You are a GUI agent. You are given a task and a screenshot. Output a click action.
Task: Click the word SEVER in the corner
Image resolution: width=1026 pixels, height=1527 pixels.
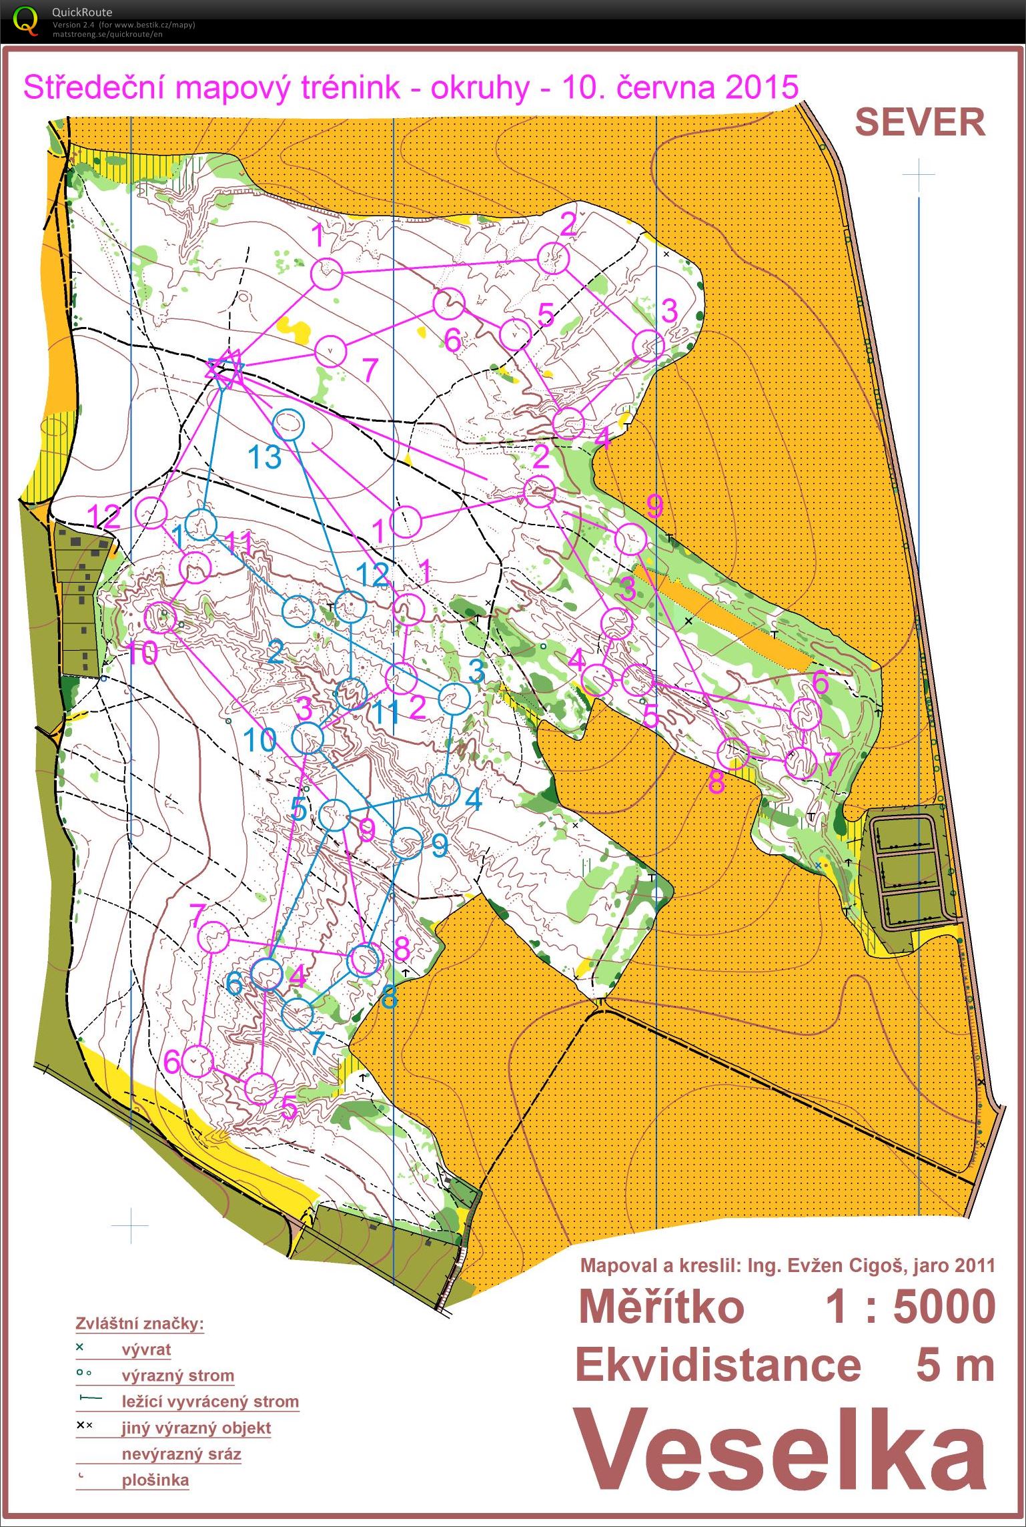pyautogui.click(x=919, y=123)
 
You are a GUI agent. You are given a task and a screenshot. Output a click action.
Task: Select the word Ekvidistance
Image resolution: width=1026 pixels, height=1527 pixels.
pyautogui.click(x=718, y=1364)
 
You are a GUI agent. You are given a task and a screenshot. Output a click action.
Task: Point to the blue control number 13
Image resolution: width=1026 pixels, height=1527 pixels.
pyautogui.click(x=265, y=457)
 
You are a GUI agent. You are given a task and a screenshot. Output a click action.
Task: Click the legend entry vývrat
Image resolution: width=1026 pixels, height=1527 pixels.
pyautogui.click(x=146, y=1349)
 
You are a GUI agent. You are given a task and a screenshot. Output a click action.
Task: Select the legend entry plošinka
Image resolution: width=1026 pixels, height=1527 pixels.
pyautogui.click(x=155, y=1480)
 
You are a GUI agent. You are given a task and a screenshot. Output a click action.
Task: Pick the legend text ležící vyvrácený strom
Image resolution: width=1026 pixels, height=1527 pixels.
pyautogui.click(x=209, y=1401)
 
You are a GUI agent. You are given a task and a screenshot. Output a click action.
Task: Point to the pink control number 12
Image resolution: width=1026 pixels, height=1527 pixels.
pyautogui.click(x=104, y=516)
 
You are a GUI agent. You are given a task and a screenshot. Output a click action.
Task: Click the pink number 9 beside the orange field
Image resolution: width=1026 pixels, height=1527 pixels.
pyautogui.click(x=654, y=507)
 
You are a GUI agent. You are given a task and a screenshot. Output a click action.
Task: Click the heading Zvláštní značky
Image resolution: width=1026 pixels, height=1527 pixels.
pyautogui.click(x=139, y=1323)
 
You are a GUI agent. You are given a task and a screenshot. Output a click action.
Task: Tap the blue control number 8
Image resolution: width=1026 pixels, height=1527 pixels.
pyautogui.click(x=389, y=996)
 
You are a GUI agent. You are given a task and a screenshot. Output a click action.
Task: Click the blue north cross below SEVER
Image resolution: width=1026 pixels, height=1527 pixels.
pyautogui.click(x=919, y=174)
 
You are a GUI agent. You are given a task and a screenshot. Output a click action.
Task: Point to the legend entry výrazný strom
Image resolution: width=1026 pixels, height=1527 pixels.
pyautogui.click(x=177, y=1375)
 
